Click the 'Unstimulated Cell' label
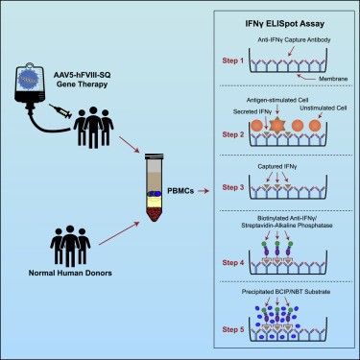tap(322, 108)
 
